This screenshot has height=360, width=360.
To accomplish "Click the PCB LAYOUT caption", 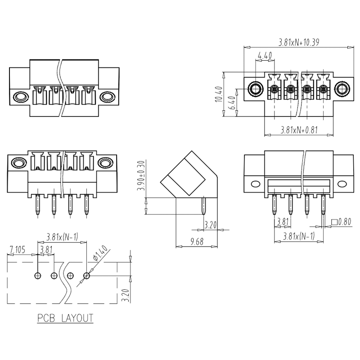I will [65, 318].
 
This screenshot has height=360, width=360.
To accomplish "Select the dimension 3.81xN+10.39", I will [299, 43].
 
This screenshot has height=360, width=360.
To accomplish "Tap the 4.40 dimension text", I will [265, 56].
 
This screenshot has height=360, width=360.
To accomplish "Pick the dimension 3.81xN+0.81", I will [299, 130].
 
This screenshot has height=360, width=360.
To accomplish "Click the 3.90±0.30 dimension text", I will [140, 177].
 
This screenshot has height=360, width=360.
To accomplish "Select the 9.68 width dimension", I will [197, 242].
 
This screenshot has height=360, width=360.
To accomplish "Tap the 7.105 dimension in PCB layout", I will [19, 249].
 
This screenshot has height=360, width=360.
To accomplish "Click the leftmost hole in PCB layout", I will [38, 275].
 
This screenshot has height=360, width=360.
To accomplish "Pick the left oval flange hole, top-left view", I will [20, 96].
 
